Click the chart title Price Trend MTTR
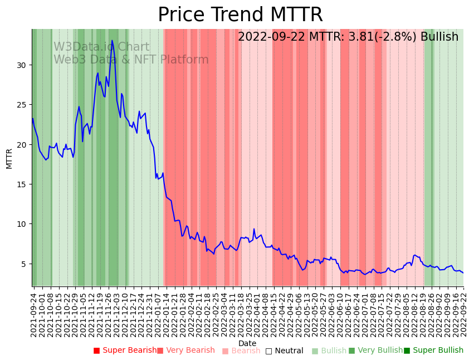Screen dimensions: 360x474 coord(240,15)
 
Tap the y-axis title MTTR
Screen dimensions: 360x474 coord(9,158)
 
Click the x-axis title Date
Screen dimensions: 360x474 coord(247,344)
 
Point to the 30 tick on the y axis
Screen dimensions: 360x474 coord(22,65)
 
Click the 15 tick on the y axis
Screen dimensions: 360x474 coord(22,184)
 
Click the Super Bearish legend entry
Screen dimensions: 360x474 coord(125,351)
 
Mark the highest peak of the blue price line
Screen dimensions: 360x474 coord(112,40)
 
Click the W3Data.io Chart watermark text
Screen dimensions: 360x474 coord(101,47)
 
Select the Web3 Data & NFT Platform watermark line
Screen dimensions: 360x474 coord(131,60)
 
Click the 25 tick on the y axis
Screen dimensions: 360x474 coord(22,105)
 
